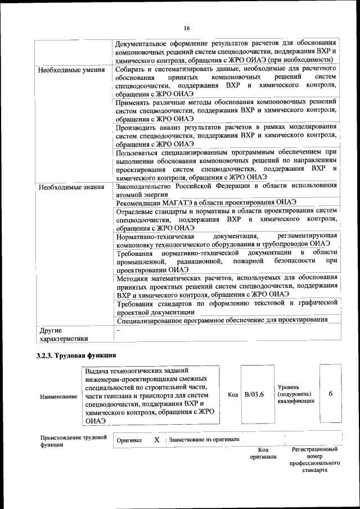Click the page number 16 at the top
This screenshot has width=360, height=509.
point(186,28)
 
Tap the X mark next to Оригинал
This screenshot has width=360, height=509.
point(157,440)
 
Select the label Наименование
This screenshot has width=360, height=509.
point(58,397)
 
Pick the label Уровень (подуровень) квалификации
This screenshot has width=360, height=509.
point(296,394)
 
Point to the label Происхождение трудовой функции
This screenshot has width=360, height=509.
point(73,441)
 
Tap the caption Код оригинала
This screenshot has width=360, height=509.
point(263,453)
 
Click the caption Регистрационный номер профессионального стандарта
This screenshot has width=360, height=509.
point(314,459)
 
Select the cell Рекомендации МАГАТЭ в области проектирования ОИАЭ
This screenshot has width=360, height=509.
point(206,202)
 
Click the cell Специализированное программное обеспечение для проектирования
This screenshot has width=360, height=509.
point(222,319)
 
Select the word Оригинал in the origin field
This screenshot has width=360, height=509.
point(129,440)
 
